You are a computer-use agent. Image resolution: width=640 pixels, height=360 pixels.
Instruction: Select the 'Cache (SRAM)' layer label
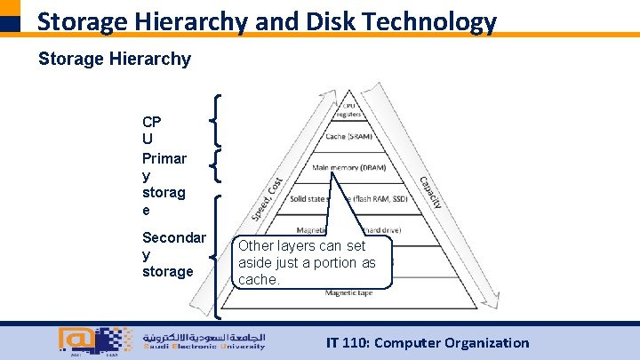coord(348,137)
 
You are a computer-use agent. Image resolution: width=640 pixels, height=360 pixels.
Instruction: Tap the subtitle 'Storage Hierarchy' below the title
coord(114,60)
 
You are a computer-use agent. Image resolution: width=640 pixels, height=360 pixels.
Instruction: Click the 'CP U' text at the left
coord(151,131)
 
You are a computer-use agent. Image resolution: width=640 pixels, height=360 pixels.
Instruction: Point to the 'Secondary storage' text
coord(173,254)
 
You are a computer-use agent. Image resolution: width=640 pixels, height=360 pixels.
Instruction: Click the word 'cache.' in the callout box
coord(259,279)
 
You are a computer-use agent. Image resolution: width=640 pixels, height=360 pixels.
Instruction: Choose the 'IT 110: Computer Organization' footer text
coord(428,342)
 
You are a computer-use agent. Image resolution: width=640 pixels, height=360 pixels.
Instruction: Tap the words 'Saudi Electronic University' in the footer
coord(204,348)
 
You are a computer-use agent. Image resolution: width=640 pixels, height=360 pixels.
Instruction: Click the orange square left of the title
coord(10,8)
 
